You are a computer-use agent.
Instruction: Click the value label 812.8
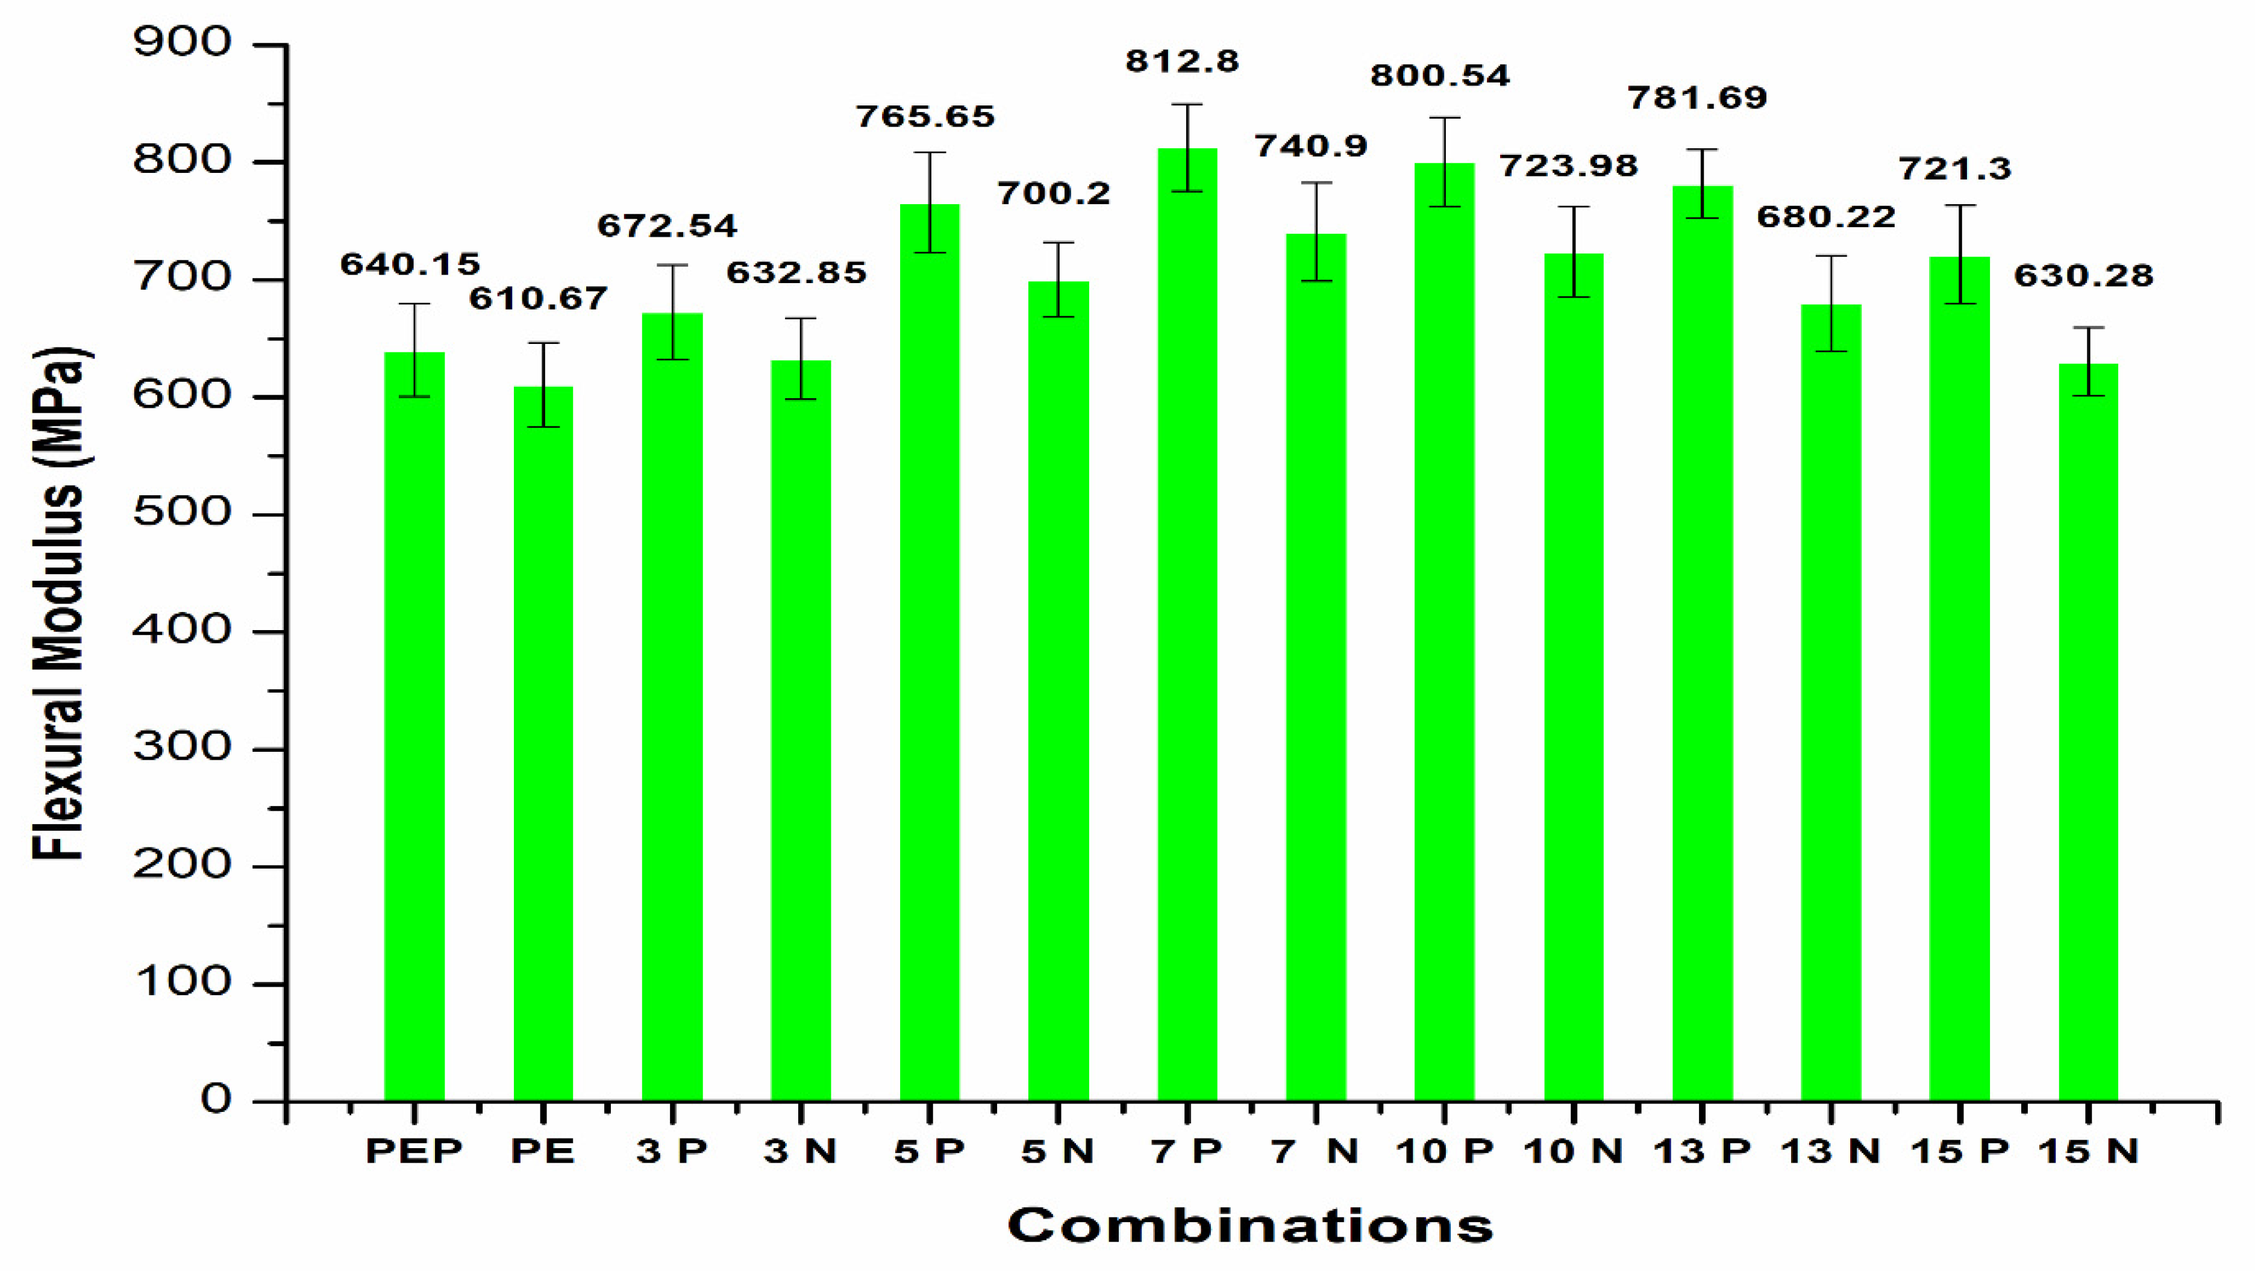1182,61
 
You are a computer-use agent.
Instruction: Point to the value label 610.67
537,299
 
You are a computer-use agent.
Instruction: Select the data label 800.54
1440,75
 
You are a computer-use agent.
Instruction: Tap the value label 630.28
2083,276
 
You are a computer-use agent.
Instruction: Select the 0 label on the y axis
215,1099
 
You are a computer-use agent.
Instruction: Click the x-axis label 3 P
671,1152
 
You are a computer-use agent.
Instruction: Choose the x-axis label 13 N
1830,1152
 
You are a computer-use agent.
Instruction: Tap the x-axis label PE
543,1152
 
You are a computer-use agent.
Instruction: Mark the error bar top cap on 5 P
930,152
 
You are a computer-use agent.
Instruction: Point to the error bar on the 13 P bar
1702,184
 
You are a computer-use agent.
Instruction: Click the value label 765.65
925,116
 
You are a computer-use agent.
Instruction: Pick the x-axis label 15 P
1959,1152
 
